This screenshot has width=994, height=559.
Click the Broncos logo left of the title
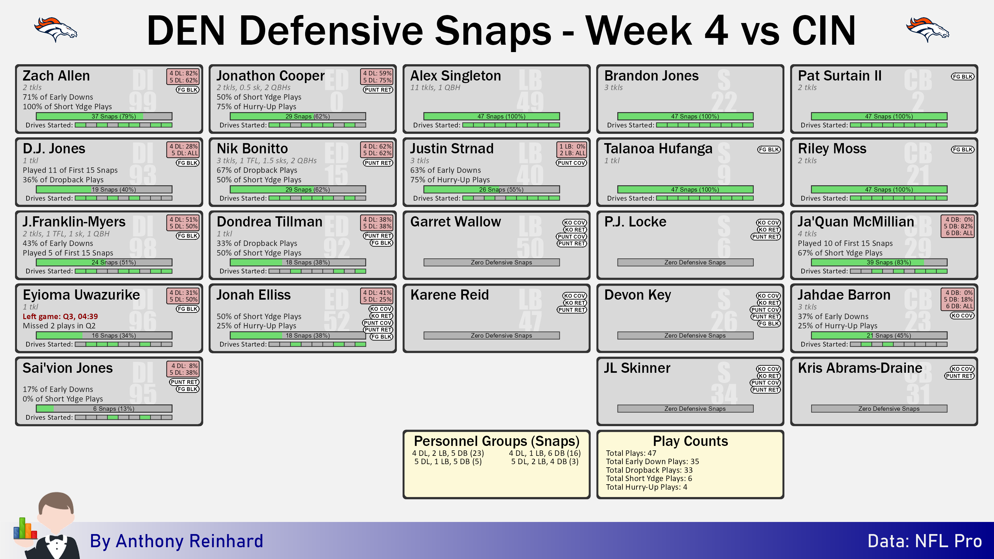56,29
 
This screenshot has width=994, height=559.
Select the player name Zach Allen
56,76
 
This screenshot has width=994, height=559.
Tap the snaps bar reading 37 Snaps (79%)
104,116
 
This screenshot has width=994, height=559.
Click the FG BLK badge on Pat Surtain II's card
962,76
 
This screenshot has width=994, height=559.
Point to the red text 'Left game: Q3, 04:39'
60,316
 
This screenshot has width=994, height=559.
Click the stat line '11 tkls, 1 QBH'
435,88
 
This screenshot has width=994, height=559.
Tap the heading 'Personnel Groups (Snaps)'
497,441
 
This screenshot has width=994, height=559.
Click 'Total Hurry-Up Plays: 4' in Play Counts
646,487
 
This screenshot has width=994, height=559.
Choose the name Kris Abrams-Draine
860,368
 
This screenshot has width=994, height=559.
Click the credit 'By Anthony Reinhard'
177,541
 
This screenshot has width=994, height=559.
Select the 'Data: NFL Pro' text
925,541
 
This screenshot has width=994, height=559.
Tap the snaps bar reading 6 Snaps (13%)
104,409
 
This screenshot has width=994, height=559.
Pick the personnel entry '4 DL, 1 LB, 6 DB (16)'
544,453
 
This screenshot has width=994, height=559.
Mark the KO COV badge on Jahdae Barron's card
962,316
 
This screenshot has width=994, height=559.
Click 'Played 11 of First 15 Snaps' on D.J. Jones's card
70,170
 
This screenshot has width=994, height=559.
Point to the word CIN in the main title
824,31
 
